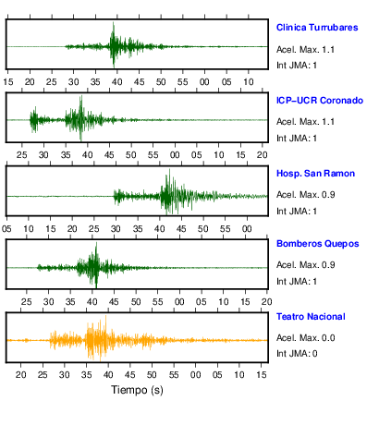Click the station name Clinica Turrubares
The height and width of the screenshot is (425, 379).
point(317,28)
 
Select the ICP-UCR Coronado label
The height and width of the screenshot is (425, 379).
point(320,101)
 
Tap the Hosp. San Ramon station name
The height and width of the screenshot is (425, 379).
point(315,174)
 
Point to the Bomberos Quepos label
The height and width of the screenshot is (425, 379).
point(318,244)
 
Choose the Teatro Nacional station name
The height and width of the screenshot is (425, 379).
point(311,317)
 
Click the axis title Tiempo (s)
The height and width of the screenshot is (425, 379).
point(137,390)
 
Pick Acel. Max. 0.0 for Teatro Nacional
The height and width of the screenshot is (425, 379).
point(306,338)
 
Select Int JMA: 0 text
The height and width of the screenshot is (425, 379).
point(297,354)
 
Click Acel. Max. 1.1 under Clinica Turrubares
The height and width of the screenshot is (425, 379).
point(305,50)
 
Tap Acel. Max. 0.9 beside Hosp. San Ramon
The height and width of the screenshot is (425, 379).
point(306,195)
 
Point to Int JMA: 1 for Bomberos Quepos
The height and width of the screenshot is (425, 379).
point(297,282)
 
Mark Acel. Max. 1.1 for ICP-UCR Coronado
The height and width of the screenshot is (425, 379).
point(305,122)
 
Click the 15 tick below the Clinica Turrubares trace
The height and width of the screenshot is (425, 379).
point(8,82)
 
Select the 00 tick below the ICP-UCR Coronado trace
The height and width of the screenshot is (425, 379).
point(175,155)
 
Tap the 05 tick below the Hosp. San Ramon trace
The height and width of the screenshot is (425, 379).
point(6,229)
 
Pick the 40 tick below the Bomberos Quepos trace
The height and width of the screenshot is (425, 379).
point(92,302)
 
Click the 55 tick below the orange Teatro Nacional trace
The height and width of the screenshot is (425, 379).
point(174,375)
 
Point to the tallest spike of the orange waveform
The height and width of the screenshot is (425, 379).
point(106,316)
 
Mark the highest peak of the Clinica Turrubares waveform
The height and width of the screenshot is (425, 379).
point(114,23)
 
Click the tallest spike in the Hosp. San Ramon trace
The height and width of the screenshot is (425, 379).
point(169,170)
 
